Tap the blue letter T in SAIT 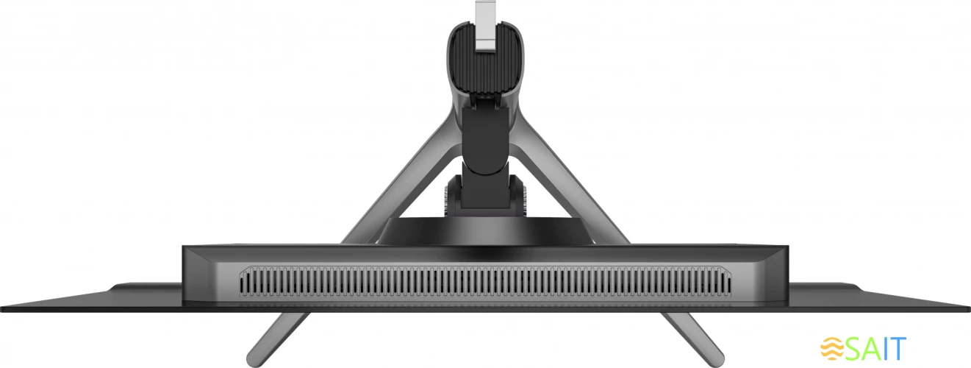tap(897, 348)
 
